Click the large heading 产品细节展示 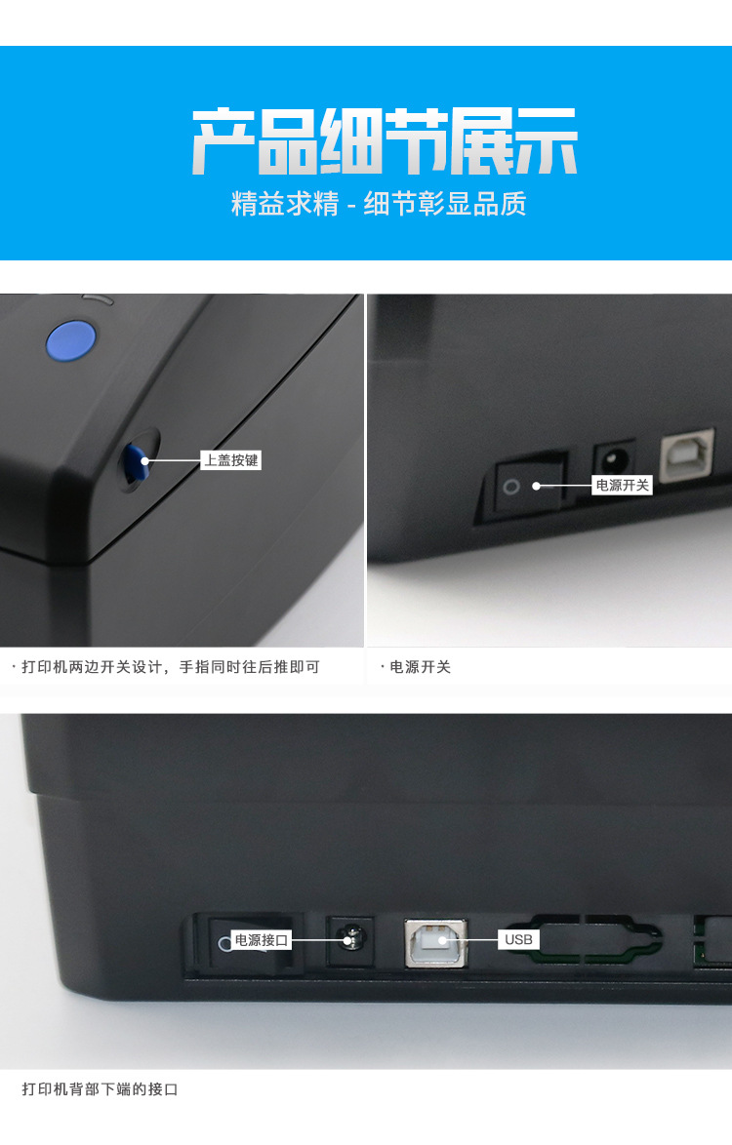click(385, 142)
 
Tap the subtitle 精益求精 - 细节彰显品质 click(379, 205)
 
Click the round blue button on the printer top click(71, 340)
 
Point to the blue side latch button click(138, 460)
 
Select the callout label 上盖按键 click(231, 460)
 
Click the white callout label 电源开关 click(622, 485)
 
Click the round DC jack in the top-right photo click(615, 456)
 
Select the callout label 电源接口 click(262, 941)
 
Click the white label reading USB click(518, 939)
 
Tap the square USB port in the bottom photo click(436, 941)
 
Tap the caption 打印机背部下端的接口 click(101, 1089)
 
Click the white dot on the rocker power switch click(536, 485)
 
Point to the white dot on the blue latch click(144, 460)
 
